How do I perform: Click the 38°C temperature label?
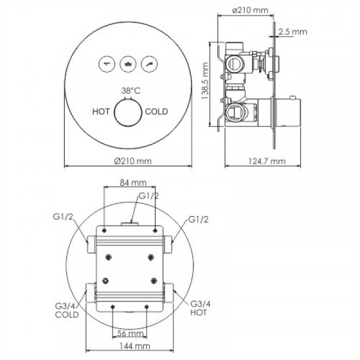(130, 91)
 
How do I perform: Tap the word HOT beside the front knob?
(101, 112)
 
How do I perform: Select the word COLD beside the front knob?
(156, 112)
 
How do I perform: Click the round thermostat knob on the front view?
(128, 112)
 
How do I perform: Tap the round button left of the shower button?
(107, 64)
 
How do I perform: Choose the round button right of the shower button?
(149, 64)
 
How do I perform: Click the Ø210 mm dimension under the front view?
(132, 161)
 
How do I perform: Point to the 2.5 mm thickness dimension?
(293, 32)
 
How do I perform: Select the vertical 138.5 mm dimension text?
(205, 81)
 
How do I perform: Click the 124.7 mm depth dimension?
(266, 161)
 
